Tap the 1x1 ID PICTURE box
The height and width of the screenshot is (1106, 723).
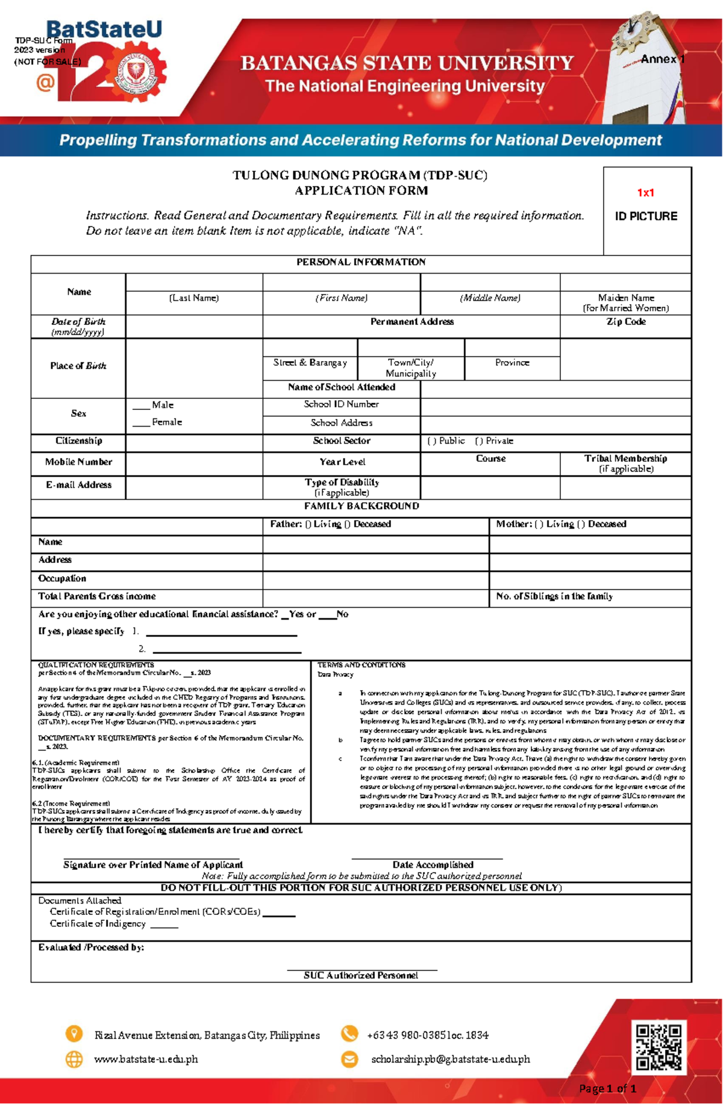(x=646, y=210)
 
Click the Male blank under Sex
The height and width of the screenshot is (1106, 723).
(x=141, y=406)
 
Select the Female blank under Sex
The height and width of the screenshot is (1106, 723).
(x=141, y=423)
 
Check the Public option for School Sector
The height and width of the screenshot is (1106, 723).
(x=431, y=441)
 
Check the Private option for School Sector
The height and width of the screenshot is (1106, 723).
(x=479, y=441)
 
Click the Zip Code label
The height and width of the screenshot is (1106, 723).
(x=625, y=322)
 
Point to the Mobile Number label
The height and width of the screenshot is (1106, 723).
(x=78, y=462)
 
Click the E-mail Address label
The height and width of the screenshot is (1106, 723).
(x=78, y=485)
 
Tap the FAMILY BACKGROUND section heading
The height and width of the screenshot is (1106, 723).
(x=361, y=506)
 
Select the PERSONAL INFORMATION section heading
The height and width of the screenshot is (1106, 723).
(x=361, y=262)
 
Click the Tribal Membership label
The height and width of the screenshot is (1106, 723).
(x=625, y=459)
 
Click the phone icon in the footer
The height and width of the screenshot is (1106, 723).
(x=349, y=1034)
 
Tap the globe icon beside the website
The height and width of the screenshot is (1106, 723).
(x=74, y=1059)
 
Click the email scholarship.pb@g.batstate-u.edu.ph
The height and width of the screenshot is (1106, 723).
(x=450, y=1059)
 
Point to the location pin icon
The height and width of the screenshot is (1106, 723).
(x=74, y=1034)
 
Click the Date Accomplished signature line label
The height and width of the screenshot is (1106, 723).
(x=433, y=865)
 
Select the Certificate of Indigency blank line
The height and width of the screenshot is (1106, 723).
(x=164, y=926)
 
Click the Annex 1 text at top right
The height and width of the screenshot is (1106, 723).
(x=662, y=59)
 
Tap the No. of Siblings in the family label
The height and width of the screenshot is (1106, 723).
(x=554, y=597)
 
